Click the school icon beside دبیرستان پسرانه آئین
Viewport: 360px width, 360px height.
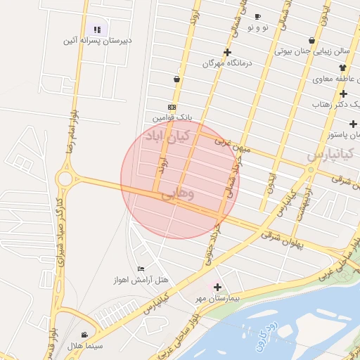(x=97, y=30)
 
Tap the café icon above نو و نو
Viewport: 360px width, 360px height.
(x=257, y=16)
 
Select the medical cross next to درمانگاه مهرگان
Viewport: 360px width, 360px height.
(x=227, y=53)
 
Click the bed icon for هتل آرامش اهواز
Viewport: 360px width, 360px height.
(x=141, y=269)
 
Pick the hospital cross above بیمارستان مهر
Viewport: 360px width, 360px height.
(x=217, y=287)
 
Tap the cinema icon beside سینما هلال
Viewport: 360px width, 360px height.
(x=85, y=335)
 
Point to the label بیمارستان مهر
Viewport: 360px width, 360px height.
(x=218, y=298)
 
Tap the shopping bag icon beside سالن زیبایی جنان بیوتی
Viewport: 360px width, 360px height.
(x=311, y=40)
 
